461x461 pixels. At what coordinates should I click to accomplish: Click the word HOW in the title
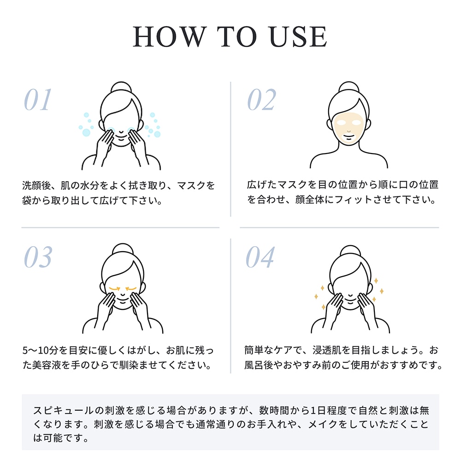[169, 36]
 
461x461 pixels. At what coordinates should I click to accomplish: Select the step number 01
[38, 100]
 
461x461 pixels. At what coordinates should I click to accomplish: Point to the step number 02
[262, 100]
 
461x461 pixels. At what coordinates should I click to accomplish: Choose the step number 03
[38, 257]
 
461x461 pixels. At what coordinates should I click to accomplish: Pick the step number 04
[260, 257]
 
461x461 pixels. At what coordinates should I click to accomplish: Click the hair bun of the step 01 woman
[121, 87]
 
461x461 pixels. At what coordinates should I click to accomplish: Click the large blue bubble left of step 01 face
[86, 132]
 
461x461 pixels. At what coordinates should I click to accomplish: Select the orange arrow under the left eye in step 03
[114, 289]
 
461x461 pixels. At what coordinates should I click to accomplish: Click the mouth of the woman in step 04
[350, 301]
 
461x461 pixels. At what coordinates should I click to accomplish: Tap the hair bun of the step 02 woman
[349, 87]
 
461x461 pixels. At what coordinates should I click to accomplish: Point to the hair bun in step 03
[123, 249]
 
